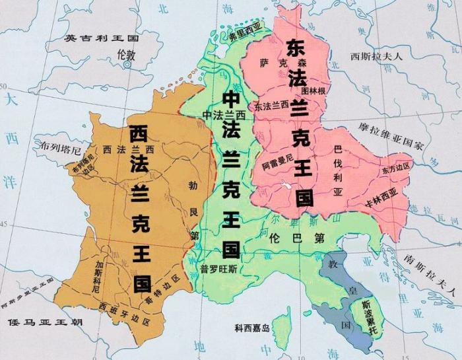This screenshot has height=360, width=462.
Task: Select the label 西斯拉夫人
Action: coord(376,56)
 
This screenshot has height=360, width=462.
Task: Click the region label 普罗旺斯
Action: coord(216,269)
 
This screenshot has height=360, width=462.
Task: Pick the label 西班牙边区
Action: coord(124,306)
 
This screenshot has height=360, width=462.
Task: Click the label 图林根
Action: coord(313,90)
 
